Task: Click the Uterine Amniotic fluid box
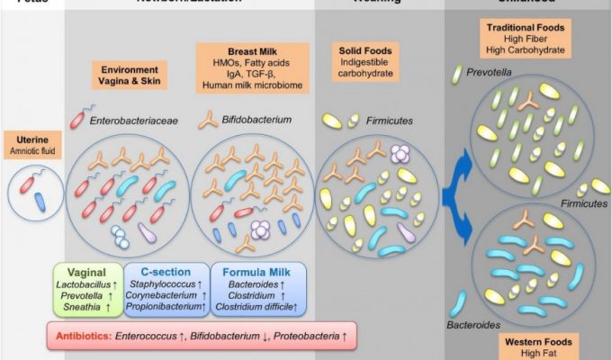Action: tap(33, 144)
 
